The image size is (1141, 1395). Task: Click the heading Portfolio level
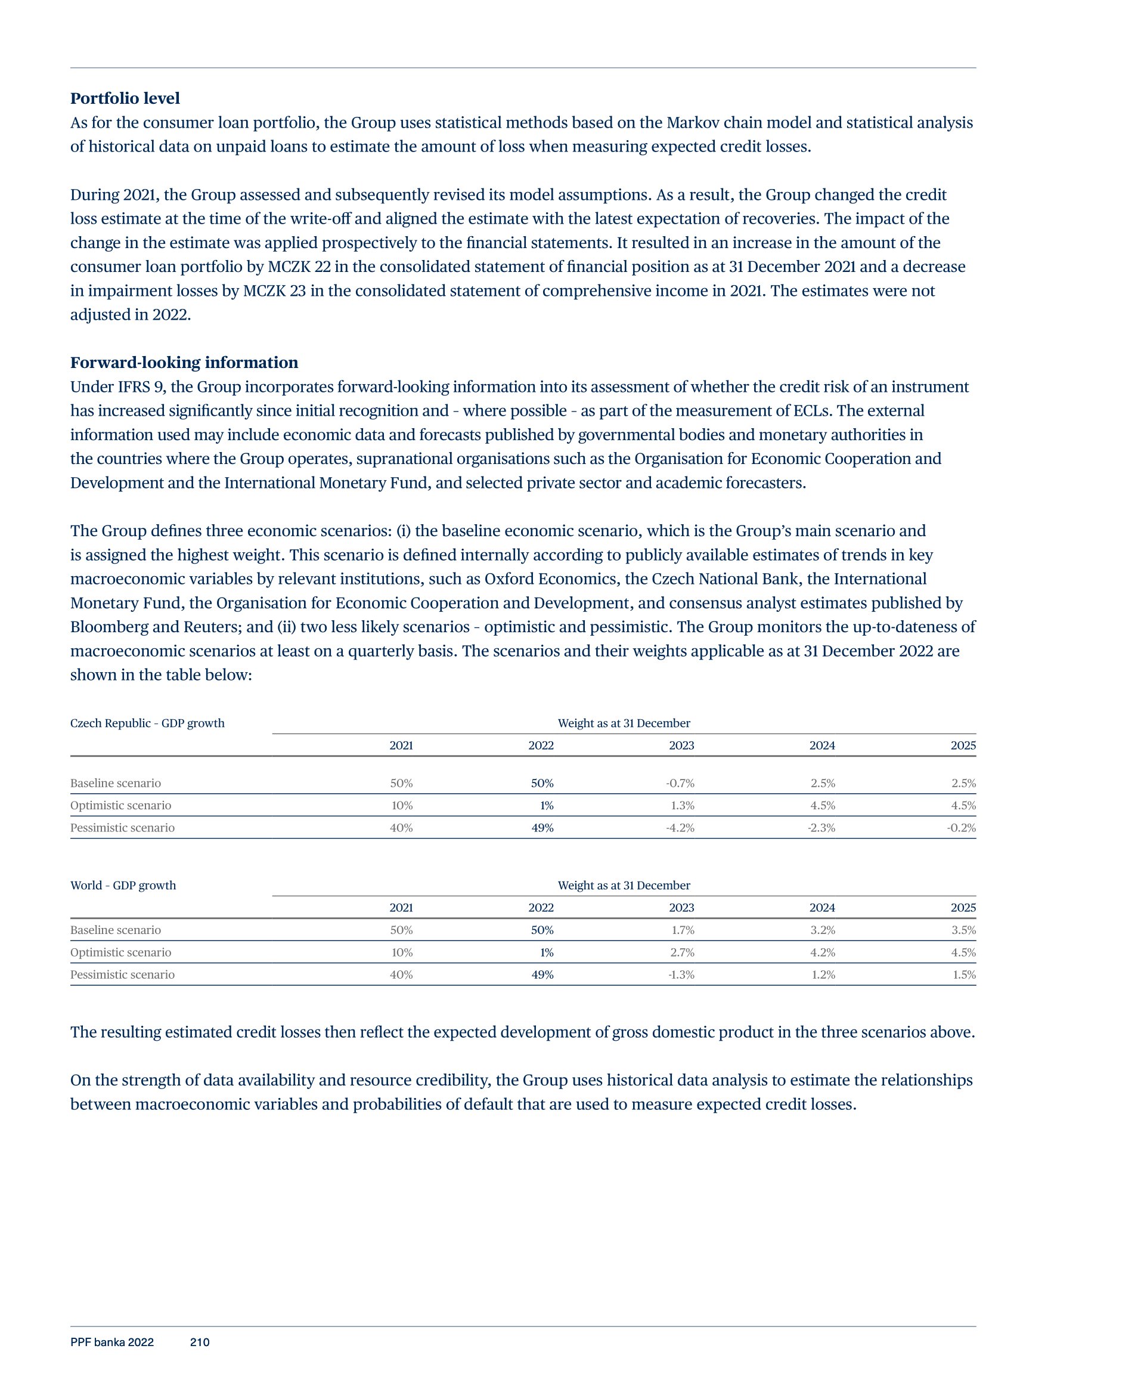pos(125,98)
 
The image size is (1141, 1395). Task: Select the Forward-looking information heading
pos(184,363)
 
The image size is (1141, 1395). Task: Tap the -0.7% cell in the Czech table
pos(680,783)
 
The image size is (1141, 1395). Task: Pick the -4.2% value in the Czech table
pos(680,828)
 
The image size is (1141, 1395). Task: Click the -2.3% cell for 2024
pos(821,828)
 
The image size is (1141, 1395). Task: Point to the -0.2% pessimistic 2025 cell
pos(962,828)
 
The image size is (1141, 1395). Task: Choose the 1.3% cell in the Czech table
pos(682,805)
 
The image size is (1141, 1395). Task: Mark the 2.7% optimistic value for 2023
pos(682,952)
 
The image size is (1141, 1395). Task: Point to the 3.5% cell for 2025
pos(963,930)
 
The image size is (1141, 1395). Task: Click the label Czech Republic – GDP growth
pos(147,723)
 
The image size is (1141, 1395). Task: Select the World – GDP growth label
pos(123,886)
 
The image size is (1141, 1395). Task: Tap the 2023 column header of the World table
pos(681,908)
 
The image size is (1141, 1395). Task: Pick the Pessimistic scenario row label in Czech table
pos(122,828)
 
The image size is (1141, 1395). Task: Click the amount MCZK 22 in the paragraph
pos(294,267)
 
